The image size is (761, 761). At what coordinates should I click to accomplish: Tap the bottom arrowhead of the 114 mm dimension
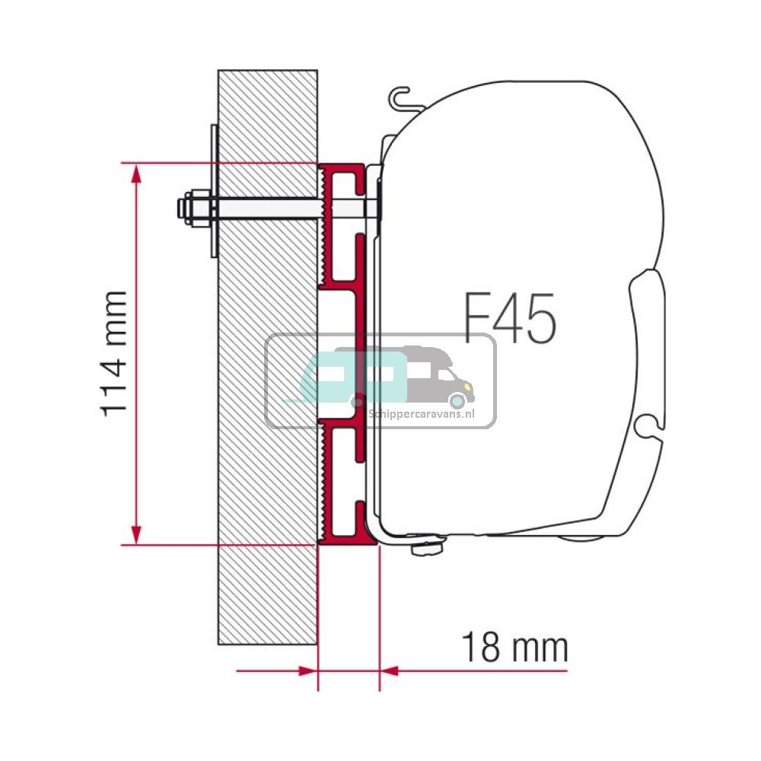click(x=136, y=533)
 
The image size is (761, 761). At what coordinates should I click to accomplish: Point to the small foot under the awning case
click(x=426, y=548)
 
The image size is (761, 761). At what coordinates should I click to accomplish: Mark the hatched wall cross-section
click(x=266, y=457)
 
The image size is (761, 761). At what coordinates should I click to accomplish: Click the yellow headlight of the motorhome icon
click(x=458, y=399)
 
